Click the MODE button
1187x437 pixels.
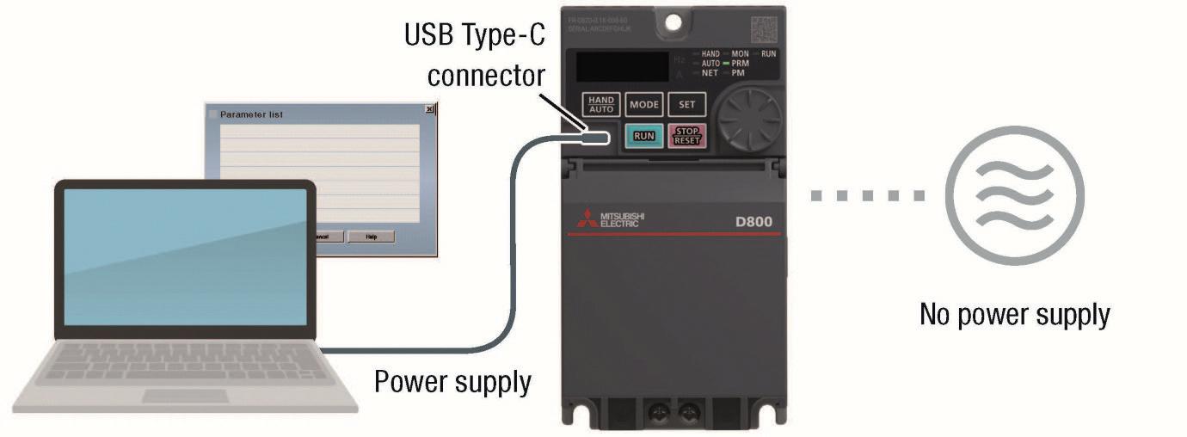643,105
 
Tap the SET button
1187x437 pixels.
686,105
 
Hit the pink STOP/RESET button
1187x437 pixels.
686,136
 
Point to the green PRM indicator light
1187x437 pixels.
726,64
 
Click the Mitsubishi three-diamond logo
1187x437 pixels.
585,218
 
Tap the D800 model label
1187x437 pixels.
753,221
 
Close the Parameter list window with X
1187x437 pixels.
429,110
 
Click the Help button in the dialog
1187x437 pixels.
371,237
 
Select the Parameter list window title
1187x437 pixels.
251,114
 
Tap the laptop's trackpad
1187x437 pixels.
185,396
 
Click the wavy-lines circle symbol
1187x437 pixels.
1015,195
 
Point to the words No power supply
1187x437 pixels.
1015,315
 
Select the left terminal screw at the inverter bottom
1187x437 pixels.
661,415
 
